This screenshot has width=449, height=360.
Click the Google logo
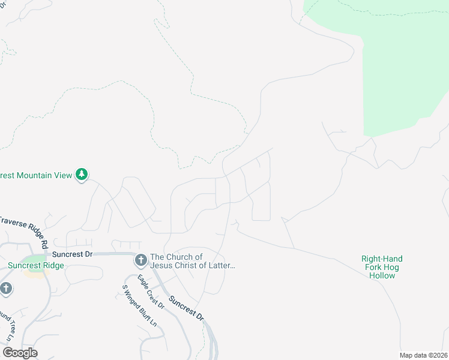[20, 353]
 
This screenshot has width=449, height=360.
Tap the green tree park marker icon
[82, 175]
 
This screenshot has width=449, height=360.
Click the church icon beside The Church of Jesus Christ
[141, 260]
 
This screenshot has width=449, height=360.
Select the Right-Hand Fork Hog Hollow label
[382, 267]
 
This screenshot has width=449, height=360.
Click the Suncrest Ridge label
[36, 266]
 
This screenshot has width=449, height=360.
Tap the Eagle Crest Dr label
[151, 292]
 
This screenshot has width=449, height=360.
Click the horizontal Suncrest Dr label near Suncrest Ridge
[72, 254]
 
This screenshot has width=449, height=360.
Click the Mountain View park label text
[36, 175]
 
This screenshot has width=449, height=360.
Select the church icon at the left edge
[6, 289]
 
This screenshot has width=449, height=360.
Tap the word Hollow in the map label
[382, 276]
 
